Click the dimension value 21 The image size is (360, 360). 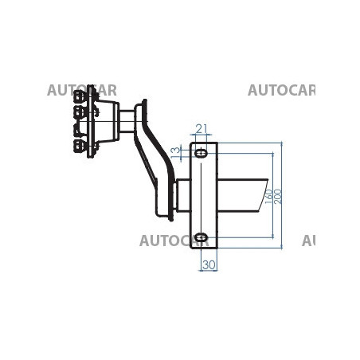[202, 129]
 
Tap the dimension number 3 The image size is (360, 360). [175, 151]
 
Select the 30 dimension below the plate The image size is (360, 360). [209, 264]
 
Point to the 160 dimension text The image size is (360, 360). [268, 197]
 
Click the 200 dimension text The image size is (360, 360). [277, 197]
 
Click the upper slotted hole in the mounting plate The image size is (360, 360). [201, 153]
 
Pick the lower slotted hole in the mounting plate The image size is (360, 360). [201, 237]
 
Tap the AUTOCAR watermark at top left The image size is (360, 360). [82, 90]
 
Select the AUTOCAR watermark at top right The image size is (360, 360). [281, 90]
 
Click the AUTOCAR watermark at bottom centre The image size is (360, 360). [174, 241]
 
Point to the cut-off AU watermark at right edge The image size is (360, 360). [308, 241]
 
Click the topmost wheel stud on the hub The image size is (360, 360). [80, 96]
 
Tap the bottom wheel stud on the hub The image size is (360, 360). [80, 146]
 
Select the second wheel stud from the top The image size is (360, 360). [80, 112]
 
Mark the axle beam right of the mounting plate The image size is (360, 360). [242, 195]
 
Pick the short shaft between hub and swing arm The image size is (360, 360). [127, 121]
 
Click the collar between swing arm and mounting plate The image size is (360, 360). [183, 195]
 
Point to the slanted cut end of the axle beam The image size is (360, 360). [263, 195]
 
